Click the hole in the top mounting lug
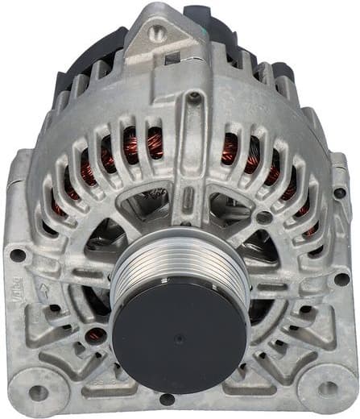coord(158,33)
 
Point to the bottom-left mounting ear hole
coord(37,392)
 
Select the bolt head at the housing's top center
coord(193,97)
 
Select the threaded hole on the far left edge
coord(17,255)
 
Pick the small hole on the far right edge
coord(341,193)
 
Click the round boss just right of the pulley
coord(263,218)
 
